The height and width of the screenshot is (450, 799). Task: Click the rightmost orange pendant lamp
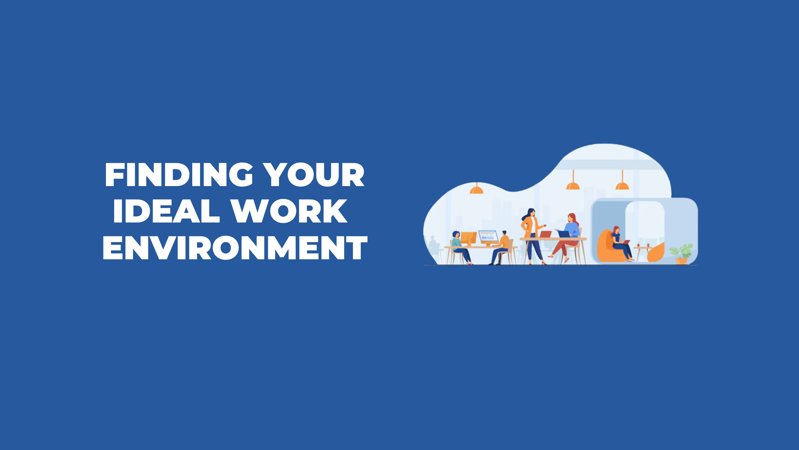[x=622, y=180]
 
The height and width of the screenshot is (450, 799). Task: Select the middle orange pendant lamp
[x=573, y=180]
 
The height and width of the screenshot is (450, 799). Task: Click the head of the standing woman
[x=531, y=212]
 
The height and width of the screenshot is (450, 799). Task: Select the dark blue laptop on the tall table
[x=564, y=234]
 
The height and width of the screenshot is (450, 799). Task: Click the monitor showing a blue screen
[x=488, y=236]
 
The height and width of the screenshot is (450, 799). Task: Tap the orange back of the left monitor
[x=468, y=238]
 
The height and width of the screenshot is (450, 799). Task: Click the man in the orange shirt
[x=501, y=247]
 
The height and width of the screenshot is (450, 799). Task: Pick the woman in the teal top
[x=460, y=248]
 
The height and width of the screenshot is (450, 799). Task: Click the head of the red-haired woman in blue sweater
[x=572, y=218]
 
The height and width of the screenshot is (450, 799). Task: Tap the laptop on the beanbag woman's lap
[x=626, y=242]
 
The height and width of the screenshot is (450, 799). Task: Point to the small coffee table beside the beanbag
[x=643, y=253]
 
